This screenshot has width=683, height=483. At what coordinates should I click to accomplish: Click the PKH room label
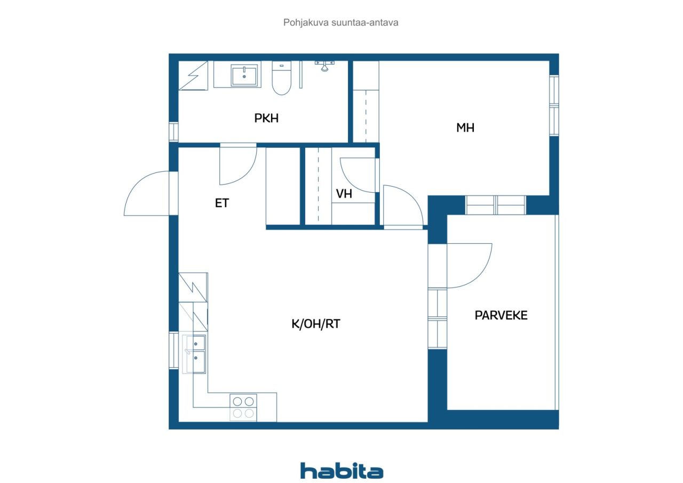(266, 118)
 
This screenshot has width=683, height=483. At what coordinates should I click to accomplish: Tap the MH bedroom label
(465, 128)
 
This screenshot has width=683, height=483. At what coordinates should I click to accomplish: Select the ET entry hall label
(221, 203)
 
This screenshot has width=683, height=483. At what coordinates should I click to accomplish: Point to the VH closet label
(344, 194)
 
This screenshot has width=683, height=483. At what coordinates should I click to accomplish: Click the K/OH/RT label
(316, 324)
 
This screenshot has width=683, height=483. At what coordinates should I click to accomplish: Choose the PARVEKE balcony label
(501, 315)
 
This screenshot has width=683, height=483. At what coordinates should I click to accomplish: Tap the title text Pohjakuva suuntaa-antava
(340, 22)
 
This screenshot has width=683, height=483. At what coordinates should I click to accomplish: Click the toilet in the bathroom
(281, 78)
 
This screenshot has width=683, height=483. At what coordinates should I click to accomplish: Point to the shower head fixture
(324, 66)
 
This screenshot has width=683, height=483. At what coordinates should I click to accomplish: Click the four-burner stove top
(243, 408)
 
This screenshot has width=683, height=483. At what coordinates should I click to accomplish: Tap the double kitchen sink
(194, 354)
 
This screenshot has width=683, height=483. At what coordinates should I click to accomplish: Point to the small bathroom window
(173, 132)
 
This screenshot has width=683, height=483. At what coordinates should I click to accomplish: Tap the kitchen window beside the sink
(173, 350)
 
